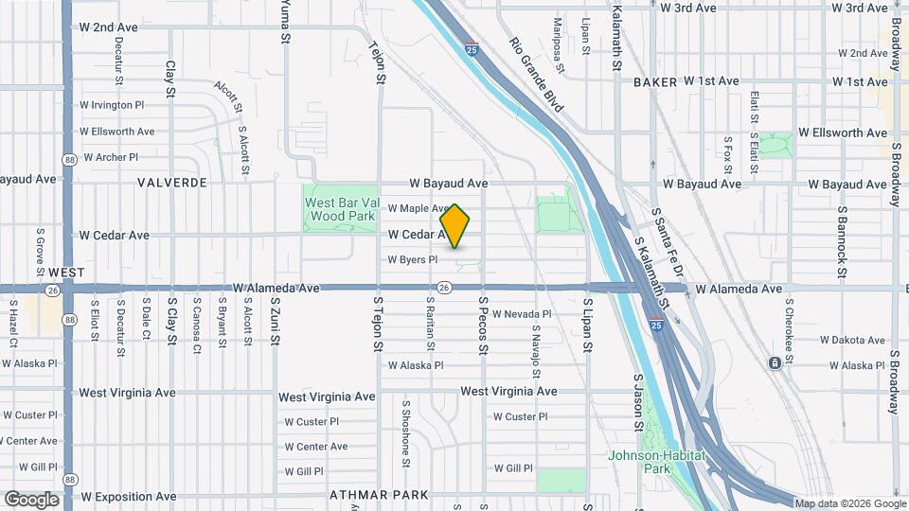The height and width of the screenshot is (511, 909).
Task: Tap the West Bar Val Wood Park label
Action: (340, 209)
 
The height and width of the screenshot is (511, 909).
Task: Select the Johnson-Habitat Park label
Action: (656, 462)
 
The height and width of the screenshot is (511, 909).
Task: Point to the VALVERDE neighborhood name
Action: (171, 183)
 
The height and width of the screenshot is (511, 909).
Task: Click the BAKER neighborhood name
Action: (655, 82)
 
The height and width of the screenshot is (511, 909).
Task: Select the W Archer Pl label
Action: (111, 157)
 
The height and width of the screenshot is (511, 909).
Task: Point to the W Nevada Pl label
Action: (521, 314)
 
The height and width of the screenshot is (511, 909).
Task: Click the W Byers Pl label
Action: (412, 259)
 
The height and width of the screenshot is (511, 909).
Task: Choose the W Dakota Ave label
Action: (852, 340)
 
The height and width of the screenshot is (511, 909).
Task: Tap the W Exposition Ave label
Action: (128, 496)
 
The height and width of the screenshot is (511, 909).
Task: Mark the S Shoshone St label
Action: (405, 432)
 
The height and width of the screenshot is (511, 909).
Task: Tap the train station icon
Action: (775, 363)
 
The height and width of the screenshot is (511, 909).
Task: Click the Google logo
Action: (31, 500)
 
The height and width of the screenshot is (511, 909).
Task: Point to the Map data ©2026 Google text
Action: (850, 503)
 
